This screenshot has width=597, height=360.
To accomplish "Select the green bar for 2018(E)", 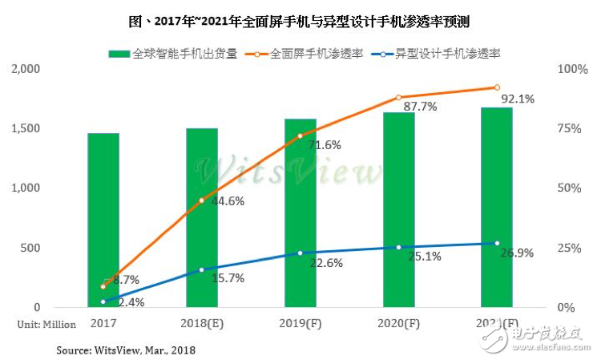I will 202,217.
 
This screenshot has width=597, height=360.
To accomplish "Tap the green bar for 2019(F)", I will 301,213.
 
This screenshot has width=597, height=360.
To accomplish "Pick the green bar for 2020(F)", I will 399,210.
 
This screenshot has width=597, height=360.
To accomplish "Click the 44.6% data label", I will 228,202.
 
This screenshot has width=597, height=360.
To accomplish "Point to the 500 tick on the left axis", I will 30,248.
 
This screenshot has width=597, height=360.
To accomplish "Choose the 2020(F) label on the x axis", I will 399,325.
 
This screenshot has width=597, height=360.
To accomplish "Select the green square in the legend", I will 119,53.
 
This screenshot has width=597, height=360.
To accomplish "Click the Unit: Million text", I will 47,325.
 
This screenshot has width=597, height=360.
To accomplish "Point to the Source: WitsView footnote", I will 126,350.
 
